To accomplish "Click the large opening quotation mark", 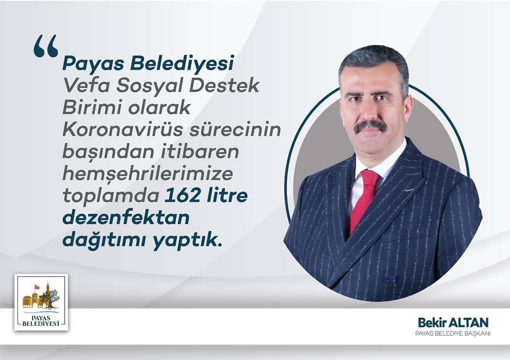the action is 46,46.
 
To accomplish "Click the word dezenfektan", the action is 126,218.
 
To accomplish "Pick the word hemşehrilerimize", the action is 148,174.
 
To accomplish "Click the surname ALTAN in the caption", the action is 468,323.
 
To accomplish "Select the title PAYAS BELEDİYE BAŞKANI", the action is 453,334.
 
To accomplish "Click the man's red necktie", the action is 365,199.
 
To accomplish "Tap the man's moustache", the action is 371,126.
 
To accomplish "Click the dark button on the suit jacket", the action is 391,278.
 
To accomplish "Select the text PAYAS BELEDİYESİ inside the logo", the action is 41,320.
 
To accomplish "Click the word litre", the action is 227,196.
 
